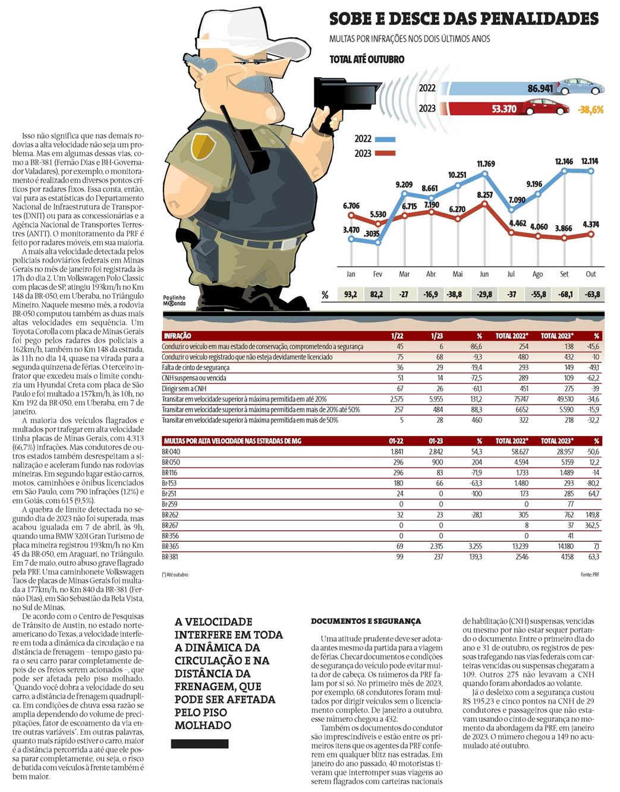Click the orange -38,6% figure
pos(590,109)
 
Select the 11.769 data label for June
pos(486,163)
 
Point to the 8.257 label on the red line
pos(484,195)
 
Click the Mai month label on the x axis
pos(458,274)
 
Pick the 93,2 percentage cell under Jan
pos(350,294)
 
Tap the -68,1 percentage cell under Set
pos(565,294)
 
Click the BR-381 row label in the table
pos(170,557)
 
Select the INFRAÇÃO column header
pos(177,336)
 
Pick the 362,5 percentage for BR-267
pos(591,525)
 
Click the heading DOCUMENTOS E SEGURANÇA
pos(366,621)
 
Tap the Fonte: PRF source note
pos(589,575)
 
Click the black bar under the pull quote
pos(200,744)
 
